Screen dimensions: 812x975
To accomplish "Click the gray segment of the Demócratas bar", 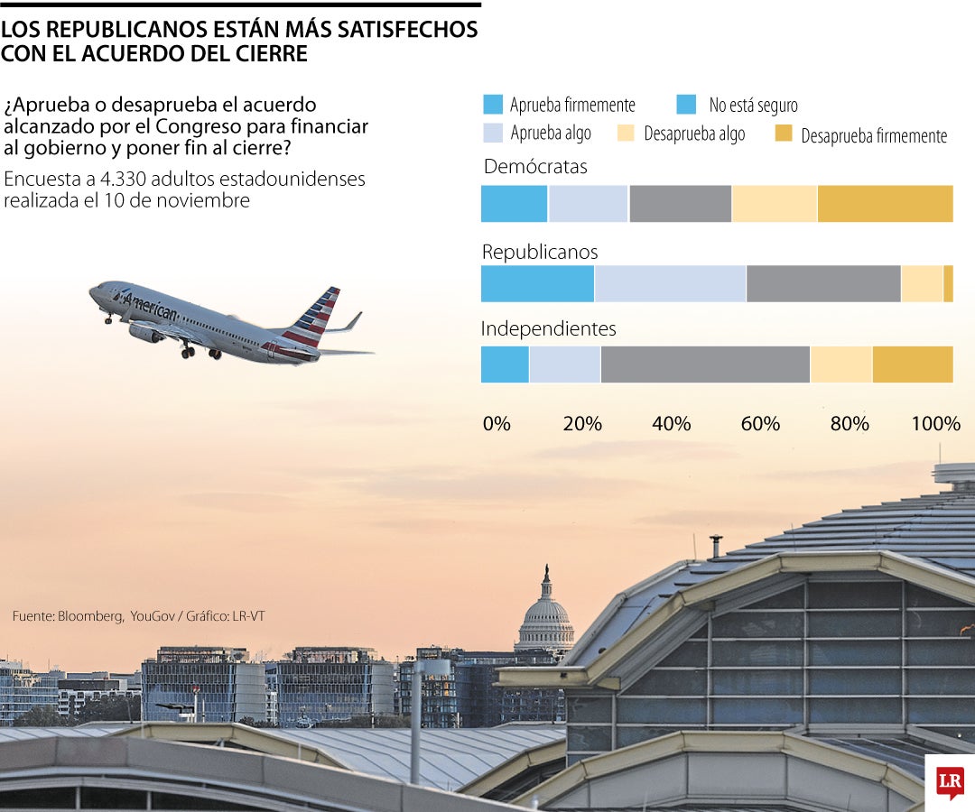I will point(680,203).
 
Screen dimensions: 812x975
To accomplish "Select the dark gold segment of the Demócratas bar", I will point(885,203).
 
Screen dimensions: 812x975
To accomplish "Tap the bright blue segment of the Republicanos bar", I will point(537,283).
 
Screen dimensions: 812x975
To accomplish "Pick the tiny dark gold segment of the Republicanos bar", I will point(948,283).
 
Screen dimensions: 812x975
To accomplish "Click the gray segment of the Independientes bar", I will point(705,364).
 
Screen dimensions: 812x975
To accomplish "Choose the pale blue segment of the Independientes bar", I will point(564,364).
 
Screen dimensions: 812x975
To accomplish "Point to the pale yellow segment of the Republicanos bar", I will point(922,283).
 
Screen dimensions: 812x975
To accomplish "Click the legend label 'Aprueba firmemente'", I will point(572,106).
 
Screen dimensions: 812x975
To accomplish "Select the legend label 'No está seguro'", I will point(753,106).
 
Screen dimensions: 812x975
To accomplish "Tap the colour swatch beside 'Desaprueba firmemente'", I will point(784,134).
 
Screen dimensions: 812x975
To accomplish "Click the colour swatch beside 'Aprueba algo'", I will point(493,134).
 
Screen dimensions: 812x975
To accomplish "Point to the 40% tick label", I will point(671,424).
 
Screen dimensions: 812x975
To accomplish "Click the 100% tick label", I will point(936,424).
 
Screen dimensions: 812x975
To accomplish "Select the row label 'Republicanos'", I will point(540,252).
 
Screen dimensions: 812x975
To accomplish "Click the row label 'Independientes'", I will point(548,328).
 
